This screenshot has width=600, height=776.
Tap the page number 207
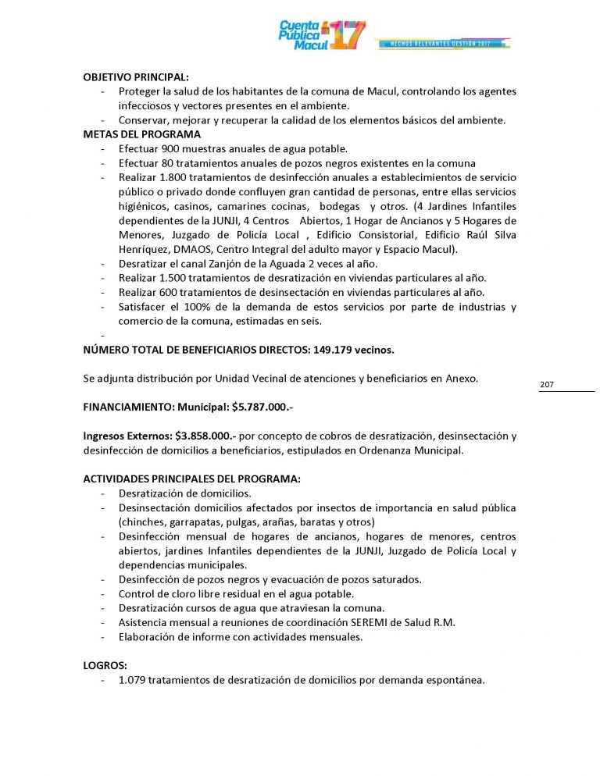tap(547, 385)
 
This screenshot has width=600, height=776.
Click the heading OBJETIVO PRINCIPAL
tap(136, 78)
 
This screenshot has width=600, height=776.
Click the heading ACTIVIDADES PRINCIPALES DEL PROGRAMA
tap(191, 479)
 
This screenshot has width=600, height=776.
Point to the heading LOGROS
tap(105, 666)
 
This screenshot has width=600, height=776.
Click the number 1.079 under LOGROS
tap(133, 680)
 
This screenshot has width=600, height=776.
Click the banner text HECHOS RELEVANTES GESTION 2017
tap(443, 42)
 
